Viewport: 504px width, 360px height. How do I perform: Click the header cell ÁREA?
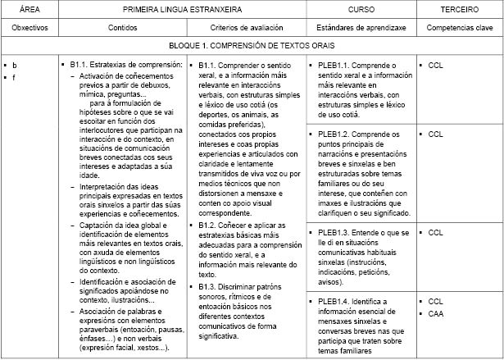coord(29,8)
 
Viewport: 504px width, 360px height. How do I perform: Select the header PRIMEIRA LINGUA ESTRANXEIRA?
coord(182,8)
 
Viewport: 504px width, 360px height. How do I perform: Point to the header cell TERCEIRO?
coord(459,8)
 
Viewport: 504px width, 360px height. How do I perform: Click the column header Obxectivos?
coord(29,27)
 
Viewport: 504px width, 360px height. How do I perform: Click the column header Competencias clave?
coord(459,27)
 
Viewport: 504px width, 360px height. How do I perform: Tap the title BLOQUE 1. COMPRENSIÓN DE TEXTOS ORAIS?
coord(251,47)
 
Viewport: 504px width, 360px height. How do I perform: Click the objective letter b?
coord(15,64)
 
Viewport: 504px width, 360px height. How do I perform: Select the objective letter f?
coord(14,77)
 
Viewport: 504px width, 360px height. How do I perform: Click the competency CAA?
coord(436,313)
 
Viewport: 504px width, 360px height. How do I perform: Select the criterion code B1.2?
coord(209,224)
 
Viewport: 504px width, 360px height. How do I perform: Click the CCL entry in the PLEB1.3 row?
coord(436,233)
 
